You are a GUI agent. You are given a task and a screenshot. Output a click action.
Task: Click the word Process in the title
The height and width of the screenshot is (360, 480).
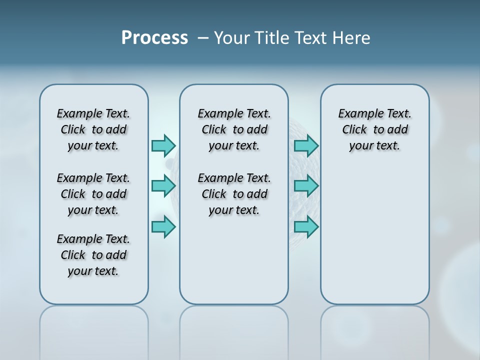[x=154, y=38]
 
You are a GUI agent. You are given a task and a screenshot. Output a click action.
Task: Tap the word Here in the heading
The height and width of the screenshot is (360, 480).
[x=351, y=38]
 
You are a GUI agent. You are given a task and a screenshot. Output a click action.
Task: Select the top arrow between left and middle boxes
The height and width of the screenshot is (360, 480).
[x=163, y=145]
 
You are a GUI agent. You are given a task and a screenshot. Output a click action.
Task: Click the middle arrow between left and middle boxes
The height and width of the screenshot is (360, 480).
[x=163, y=186]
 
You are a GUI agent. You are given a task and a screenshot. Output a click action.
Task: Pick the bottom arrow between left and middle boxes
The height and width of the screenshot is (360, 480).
[x=163, y=226]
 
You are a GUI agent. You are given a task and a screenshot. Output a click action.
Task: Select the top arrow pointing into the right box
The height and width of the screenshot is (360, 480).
[x=306, y=145]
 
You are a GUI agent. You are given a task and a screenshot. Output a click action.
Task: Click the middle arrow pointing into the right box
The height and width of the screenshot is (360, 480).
[x=306, y=186]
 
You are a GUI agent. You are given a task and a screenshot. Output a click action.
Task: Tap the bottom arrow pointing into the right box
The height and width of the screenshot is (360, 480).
[x=306, y=226]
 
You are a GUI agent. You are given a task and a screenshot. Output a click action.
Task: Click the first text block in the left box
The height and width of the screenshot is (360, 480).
[x=93, y=129]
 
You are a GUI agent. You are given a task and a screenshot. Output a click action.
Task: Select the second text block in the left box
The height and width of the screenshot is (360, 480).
[x=93, y=194]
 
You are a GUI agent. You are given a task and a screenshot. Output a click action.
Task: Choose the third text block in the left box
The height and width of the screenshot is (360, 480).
[x=93, y=255]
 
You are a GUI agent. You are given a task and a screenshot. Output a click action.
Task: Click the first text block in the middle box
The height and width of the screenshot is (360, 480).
[x=234, y=129]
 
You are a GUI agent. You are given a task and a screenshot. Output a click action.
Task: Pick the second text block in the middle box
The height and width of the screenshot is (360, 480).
[x=234, y=194]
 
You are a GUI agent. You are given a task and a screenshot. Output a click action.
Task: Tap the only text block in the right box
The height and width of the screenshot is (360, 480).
[x=374, y=129]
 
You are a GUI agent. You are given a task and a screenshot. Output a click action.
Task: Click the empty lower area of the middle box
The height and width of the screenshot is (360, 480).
[x=234, y=260]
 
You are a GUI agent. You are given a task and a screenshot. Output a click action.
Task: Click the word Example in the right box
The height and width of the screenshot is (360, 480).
[x=357, y=113]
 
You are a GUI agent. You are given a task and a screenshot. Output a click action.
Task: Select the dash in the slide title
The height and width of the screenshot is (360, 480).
[x=203, y=38]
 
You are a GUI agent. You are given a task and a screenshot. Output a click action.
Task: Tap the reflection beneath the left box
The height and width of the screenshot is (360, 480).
[x=94, y=330]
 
